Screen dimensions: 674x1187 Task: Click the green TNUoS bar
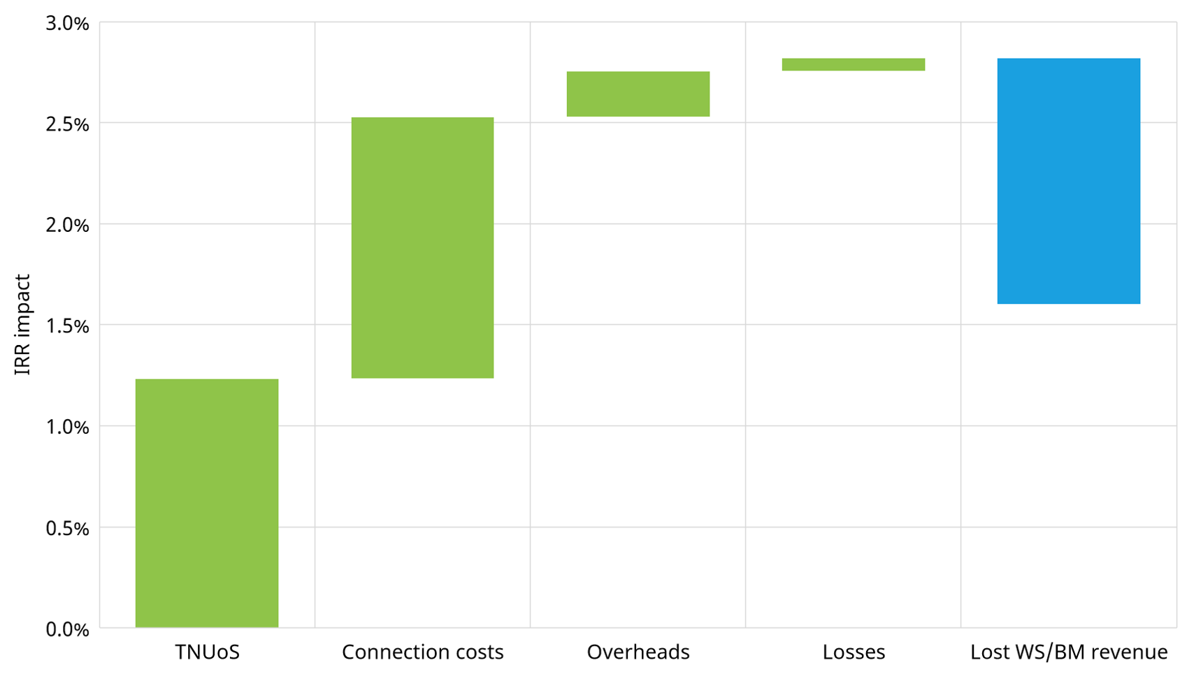(207, 503)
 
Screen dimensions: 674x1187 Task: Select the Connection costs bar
(422, 248)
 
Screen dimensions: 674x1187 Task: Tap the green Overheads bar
(638, 94)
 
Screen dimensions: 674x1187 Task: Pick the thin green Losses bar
(854, 64)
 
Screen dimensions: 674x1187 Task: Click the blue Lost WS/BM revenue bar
(1069, 181)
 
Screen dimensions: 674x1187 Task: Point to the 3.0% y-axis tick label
(68, 24)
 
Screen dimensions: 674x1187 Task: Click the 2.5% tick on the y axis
(68, 124)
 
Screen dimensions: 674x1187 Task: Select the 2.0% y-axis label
(68, 225)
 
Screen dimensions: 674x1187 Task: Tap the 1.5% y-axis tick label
(68, 325)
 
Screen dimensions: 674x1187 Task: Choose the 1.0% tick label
(68, 427)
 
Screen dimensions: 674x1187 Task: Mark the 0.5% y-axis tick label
(68, 528)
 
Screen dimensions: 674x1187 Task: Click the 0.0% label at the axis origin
(68, 629)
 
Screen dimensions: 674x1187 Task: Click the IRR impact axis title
(22, 325)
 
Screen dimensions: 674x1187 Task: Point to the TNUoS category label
(207, 652)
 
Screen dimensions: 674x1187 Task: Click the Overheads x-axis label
(638, 652)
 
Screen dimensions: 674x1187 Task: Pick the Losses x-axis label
(854, 652)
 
